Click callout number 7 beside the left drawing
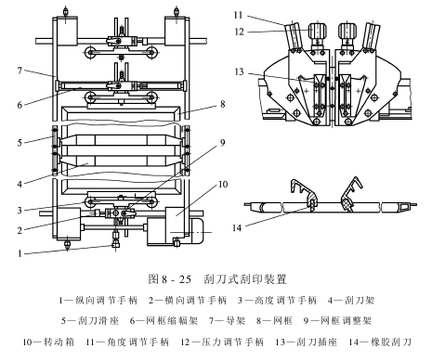[20, 71]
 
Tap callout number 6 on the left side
[20, 105]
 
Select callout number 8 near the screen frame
[223, 104]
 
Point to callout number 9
[223, 143]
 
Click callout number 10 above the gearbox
[223, 185]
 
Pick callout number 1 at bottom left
[20, 253]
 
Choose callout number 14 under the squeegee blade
[237, 228]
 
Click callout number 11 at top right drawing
[238, 15]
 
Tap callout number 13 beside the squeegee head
[239, 71]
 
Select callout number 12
[239, 32]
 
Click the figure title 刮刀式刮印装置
[245, 279]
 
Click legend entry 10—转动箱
[48, 342]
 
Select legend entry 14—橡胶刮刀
[380, 342]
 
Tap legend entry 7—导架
[228, 321]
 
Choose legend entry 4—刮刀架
[351, 300]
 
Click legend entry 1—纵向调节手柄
[98, 300]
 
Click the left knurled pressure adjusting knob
[318, 31]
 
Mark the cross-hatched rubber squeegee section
[348, 204]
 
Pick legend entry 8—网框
[274, 321]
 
